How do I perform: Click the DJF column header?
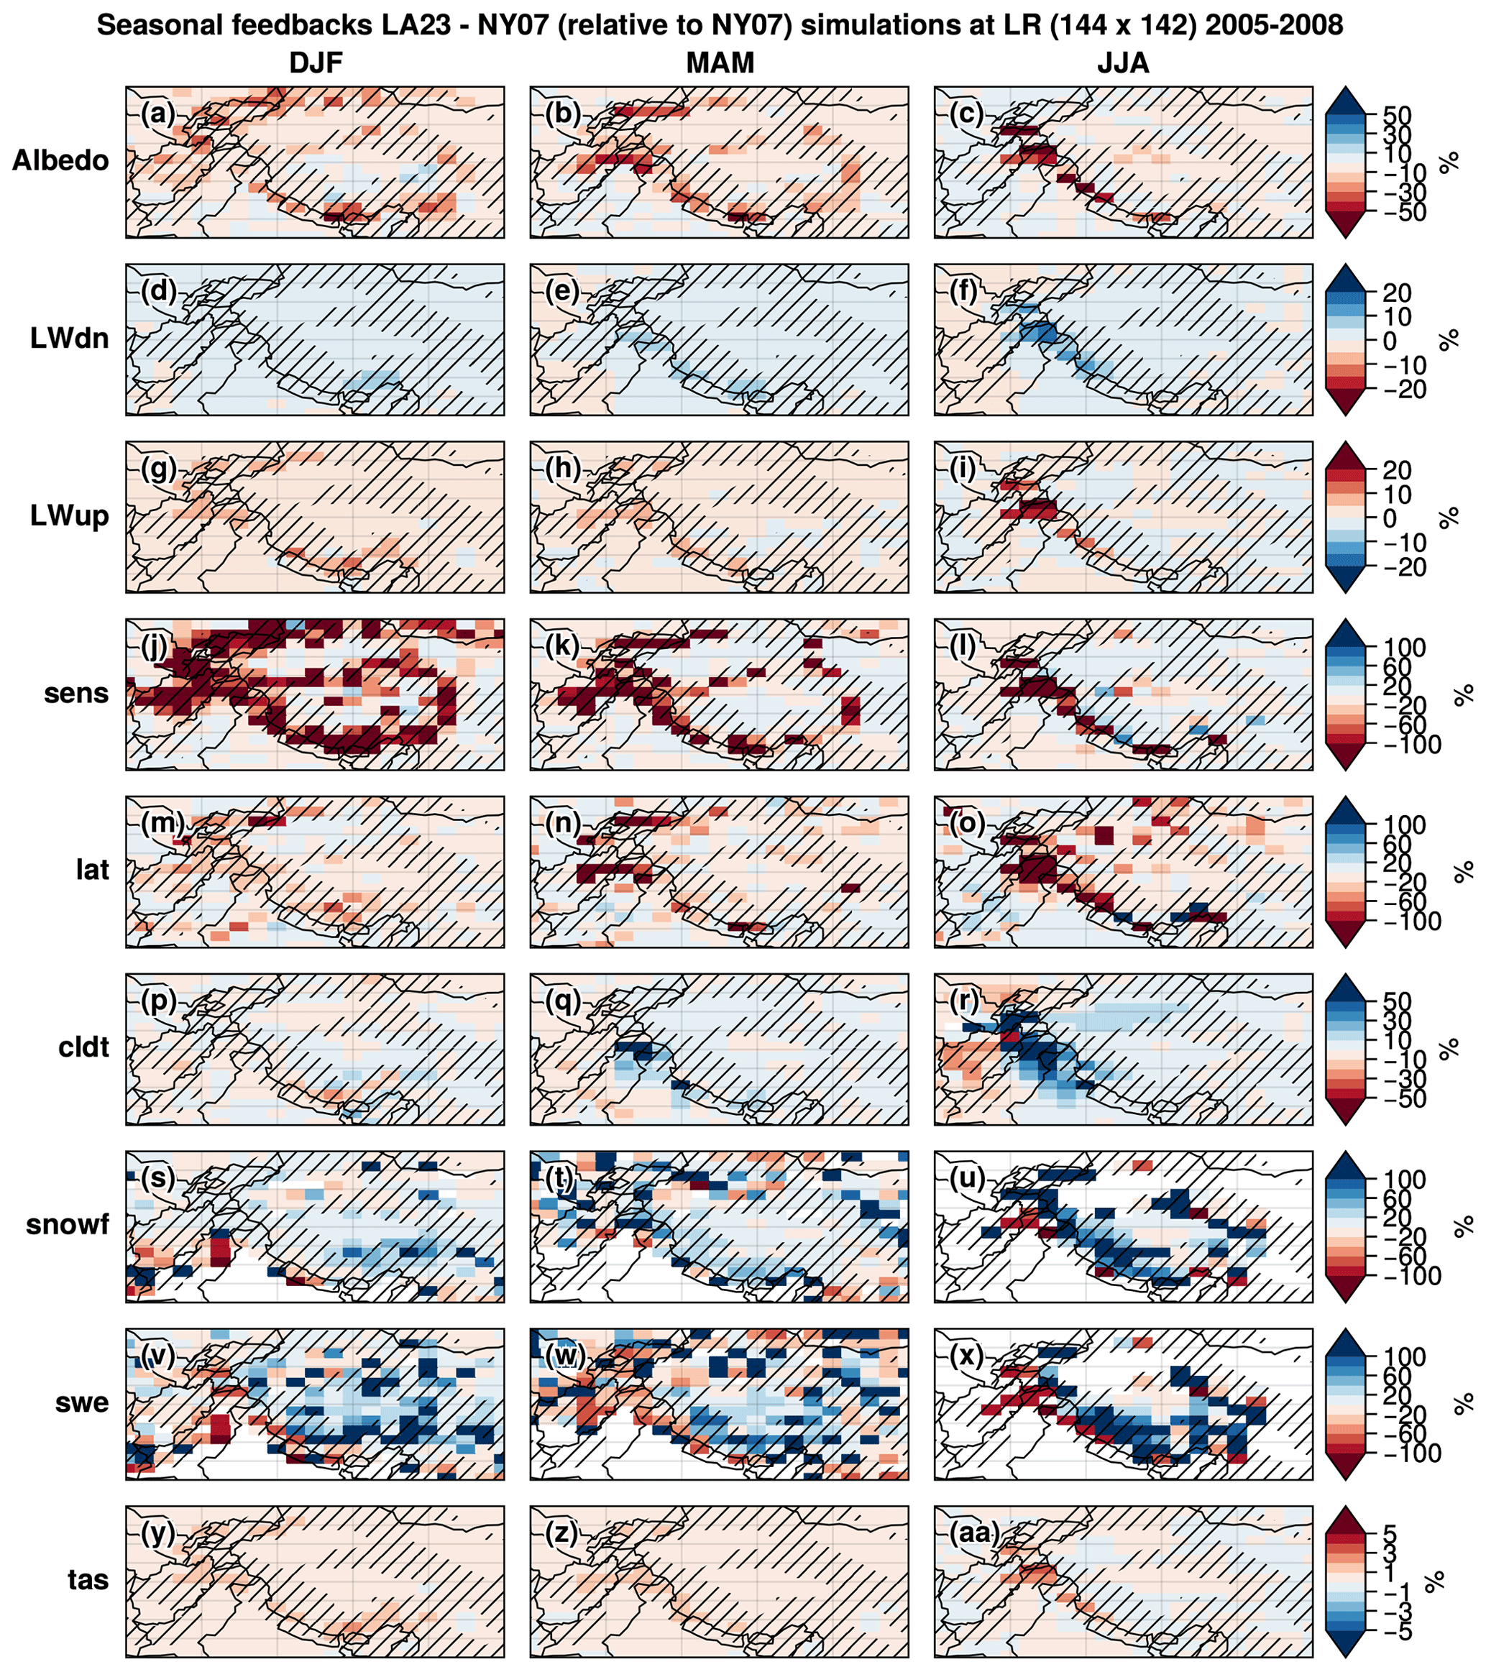coord(315,63)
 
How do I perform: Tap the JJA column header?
coord(1123,63)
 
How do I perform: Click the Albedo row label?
coord(60,160)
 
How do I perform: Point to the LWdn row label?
coord(70,338)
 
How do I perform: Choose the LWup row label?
coord(70,515)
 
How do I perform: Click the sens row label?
coord(76,694)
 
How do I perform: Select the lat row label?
coord(93,870)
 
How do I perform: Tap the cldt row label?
coord(83,1047)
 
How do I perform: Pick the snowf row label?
coord(67,1225)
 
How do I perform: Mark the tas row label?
coord(88,1581)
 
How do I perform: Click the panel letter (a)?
coord(159,113)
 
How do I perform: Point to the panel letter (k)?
coord(563,646)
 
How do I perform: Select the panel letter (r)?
coord(966,1001)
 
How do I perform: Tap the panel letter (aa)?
coord(975,1533)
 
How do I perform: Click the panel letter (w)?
coord(564,1356)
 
